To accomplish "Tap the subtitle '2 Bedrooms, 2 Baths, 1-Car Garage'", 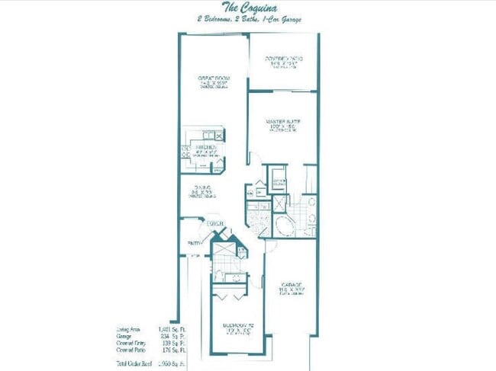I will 247,20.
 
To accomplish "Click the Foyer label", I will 214,224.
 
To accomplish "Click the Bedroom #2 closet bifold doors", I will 229,296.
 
